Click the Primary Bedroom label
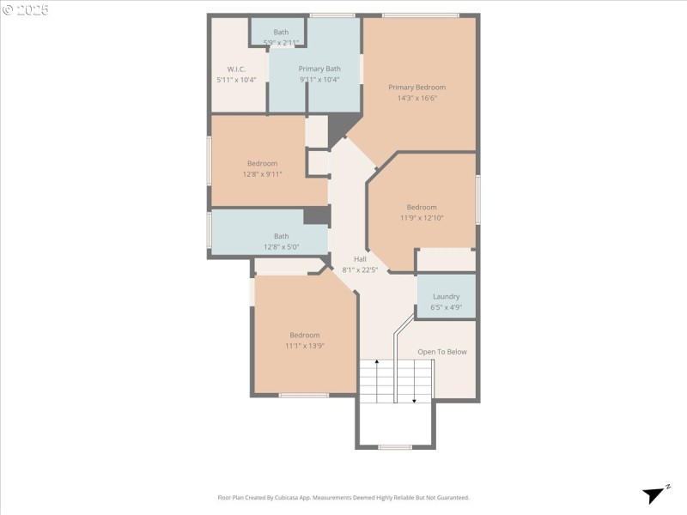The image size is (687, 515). pyautogui.click(x=416, y=87)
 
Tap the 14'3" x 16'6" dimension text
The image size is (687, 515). pyautogui.click(x=416, y=98)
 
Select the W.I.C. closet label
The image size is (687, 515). pyautogui.click(x=236, y=69)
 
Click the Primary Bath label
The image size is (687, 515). pyautogui.click(x=319, y=69)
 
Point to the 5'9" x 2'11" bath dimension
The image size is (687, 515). pyautogui.click(x=282, y=42)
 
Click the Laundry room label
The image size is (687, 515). pyautogui.click(x=446, y=296)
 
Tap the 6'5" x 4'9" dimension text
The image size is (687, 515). pyautogui.click(x=446, y=306)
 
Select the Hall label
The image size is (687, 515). pyautogui.click(x=361, y=258)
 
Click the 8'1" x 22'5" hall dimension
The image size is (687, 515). pyautogui.click(x=361, y=270)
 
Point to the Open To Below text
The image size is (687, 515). pyautogui.click(x=442, y=352)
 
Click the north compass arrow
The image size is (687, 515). pyautogui.click(x=656, y=494)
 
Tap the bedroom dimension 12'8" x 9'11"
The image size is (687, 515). pyautogui.click(x=263, y=174)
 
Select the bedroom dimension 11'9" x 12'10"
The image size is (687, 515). pyautogui.click(x=422, y=218)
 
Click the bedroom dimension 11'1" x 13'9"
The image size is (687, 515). pyautogui.click(x=305, y=346)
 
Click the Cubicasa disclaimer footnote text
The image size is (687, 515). pyautogui.click(x=343, y=497)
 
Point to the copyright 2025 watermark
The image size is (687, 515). pyautogui.click(x=26, y=10)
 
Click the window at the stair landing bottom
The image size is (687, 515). pyautogui.click(x=395, y=446)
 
